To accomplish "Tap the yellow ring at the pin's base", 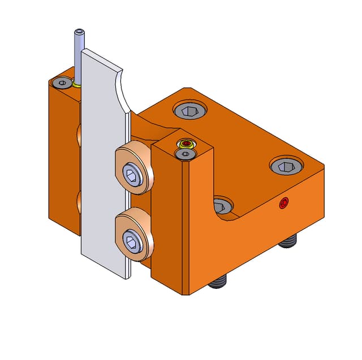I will coord(76,85).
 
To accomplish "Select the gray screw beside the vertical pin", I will coord(61,83).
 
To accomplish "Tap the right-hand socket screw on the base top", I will coord(286,166).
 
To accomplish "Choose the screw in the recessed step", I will coord(222,204).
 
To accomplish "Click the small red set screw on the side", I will coord(283,203).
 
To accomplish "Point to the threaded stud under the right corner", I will coord(288,242).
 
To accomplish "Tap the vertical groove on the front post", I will coord(182,226).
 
